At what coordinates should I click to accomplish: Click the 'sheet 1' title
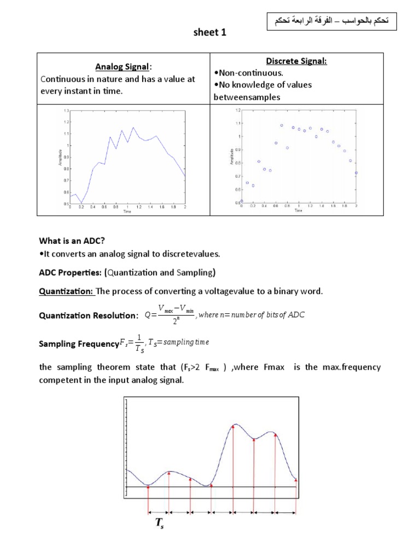210,33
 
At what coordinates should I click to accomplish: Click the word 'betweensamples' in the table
247,97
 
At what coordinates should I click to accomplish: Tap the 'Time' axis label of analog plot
127,211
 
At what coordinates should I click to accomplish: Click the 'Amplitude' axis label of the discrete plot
233,156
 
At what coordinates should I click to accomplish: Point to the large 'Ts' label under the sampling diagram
160,524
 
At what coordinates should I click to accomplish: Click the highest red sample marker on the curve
233,427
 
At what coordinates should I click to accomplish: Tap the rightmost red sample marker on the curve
296,480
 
